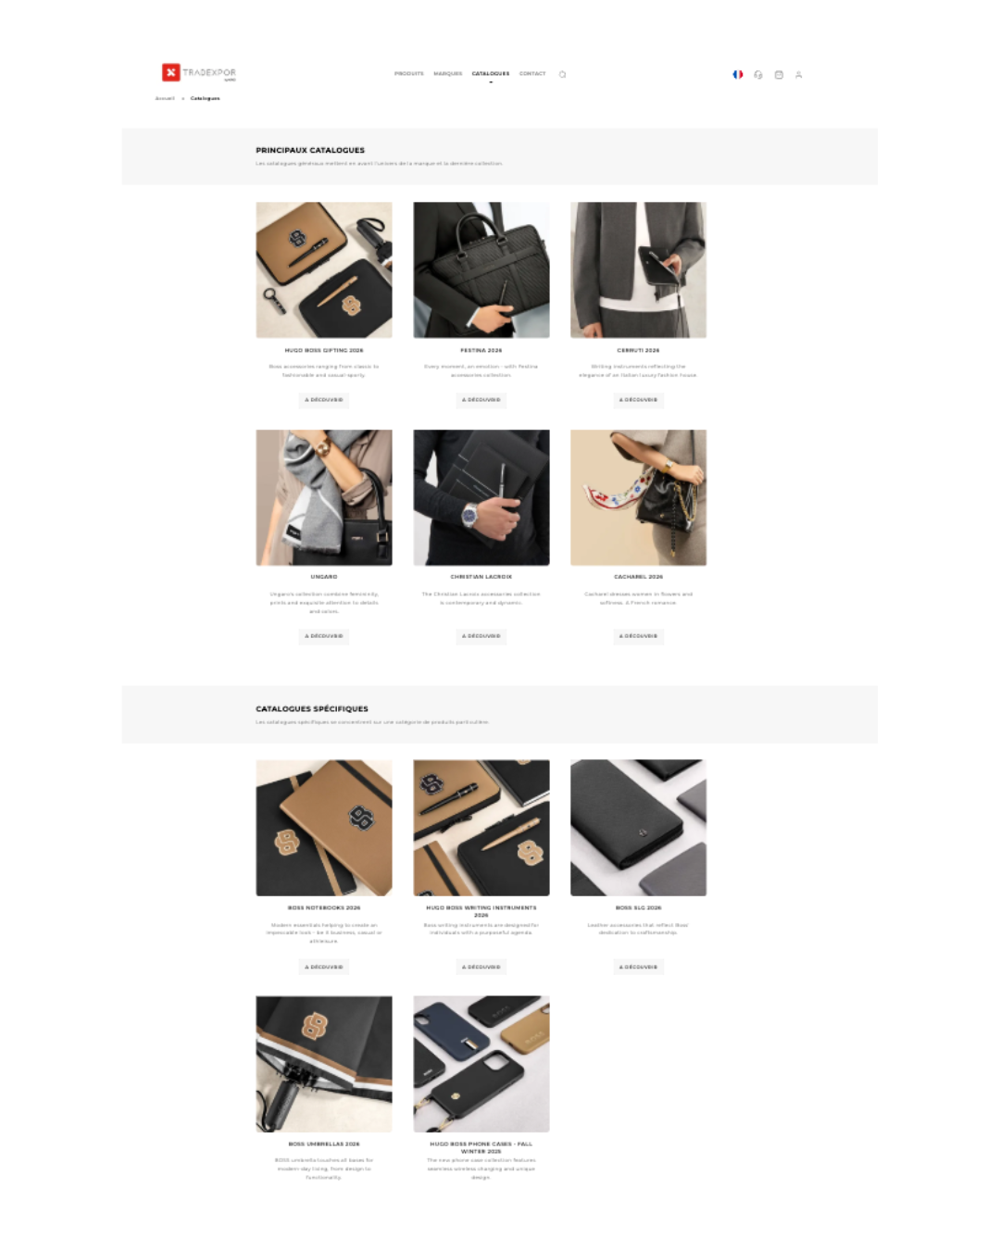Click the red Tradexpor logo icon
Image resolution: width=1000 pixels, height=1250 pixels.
coord(171,72)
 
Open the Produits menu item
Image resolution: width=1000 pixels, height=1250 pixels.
coord(408,73)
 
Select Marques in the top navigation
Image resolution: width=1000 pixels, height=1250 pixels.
coord(447,73)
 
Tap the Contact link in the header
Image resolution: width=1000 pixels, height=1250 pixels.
coord(532,73)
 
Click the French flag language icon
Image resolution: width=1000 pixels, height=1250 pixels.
coord(738,74)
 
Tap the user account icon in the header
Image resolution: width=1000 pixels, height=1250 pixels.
coord(798,75)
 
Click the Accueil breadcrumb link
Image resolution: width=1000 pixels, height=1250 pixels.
coord(165,98)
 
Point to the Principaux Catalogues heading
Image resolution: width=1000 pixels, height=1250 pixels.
coord(310,150)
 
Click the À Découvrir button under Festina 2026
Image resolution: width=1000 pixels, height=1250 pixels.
coord(481,400)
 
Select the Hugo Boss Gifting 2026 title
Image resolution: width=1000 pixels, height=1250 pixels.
coord(324,351)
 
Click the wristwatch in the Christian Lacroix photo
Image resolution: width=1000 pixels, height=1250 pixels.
coord(471,515)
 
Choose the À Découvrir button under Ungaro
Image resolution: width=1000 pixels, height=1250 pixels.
coord(324,636)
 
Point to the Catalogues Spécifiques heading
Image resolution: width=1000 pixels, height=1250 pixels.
coord(312,708)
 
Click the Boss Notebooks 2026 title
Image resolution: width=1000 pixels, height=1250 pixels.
coord(324,907)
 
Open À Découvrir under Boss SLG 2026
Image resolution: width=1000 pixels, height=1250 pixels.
coord(638,967)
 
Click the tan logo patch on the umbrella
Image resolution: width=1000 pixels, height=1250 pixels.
coord(315,1025)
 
